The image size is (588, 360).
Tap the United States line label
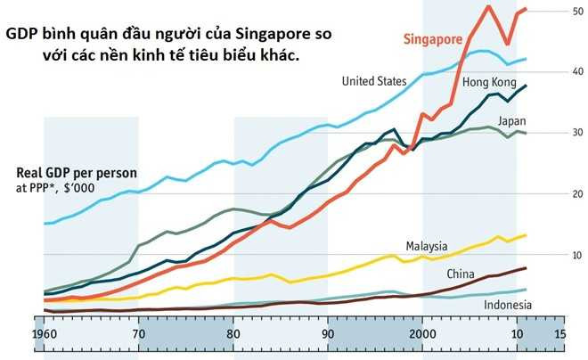coord(375,81)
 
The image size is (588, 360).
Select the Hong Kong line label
coord(488,82)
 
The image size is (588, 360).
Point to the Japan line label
coord(515,120)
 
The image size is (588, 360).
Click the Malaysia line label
coord(427,246)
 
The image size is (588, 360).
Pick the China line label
coord(461,273)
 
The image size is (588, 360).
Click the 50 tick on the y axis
coord(553,11)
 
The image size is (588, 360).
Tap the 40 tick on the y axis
coord(553,71)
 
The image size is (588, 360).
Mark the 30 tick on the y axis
coord(553,132)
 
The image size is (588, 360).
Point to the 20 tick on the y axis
coord(553,193)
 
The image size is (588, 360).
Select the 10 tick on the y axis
coord(553,254)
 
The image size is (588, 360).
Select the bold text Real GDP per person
coord(72,174)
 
